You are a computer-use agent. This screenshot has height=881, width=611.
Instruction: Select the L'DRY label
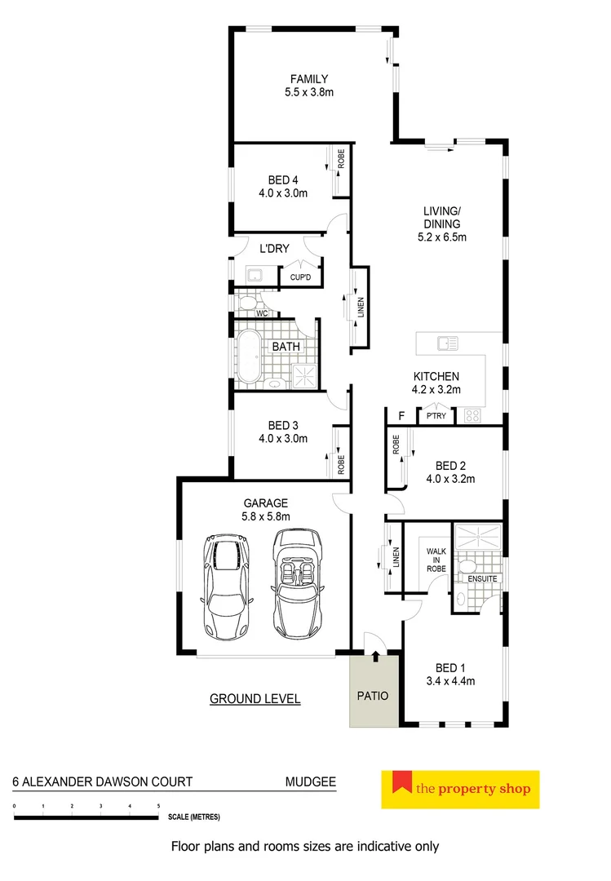pos(274,250)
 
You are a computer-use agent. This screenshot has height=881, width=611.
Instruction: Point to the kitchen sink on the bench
pos(447,344)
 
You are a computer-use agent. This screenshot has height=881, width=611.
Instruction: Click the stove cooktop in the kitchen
pos(472,416)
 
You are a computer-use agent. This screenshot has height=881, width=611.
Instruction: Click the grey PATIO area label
pos(370,697)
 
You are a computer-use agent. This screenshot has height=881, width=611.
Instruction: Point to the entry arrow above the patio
pos(375,654)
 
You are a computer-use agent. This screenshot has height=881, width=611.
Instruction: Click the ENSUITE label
pos(481,578)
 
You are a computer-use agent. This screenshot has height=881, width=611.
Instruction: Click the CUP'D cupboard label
pos(300,278)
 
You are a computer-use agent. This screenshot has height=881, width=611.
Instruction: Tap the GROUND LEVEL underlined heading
pos(255,698)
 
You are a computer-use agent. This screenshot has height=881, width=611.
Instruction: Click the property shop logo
pos(460,789)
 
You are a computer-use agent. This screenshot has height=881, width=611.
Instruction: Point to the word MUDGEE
pos(310,781)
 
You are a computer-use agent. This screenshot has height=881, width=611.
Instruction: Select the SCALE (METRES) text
pos(193,817)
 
